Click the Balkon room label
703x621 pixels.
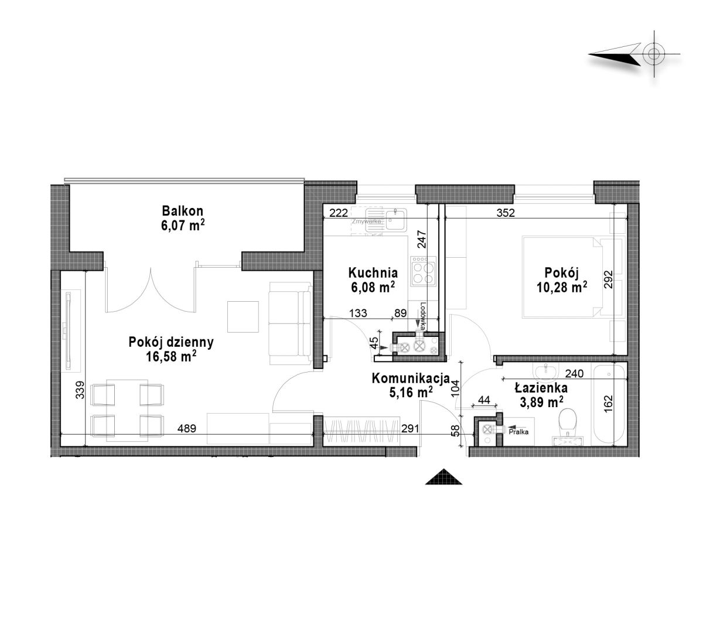pos(183,211)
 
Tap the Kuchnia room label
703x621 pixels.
pos(373,272)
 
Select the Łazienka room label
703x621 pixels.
pos(541,388)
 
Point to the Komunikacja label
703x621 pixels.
pos(411,378)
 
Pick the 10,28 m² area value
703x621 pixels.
pos(562,287)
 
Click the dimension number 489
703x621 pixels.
pos(187,429)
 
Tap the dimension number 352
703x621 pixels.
pos(506,213)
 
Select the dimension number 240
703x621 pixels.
pos(574,374)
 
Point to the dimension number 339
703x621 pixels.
pos(80,390)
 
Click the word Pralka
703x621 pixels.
pos(518,432)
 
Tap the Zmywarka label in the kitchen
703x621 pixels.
pos(366,221)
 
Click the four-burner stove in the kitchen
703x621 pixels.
pos(423,271)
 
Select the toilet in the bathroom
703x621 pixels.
pos(567,425)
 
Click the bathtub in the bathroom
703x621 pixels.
pos(609,405)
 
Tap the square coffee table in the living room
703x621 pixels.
pos(243,316)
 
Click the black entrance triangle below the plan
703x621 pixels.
pos(443,476)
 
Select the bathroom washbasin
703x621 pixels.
pos(545,370)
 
